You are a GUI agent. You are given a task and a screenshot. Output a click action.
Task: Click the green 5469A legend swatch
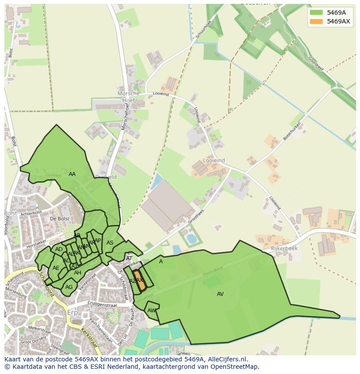(x=316, y=13)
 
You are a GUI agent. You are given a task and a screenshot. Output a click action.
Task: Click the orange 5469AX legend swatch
(x=316, y=21)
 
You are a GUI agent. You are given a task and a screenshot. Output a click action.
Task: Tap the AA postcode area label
(x=72, y=174)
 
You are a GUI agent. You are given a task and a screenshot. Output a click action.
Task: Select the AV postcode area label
(x=220, y=294)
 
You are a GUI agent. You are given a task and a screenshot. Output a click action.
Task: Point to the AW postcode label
(x=151, y=311)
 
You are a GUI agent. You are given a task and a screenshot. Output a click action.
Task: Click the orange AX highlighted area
(x=139, y=280)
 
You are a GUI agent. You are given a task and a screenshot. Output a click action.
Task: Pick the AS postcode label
(x=110, y=243)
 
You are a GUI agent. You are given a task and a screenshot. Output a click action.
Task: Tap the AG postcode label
(x=69, y=287)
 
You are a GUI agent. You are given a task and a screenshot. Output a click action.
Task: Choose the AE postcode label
(x=56, y=268)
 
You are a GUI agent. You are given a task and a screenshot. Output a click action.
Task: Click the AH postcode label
(x=77, y=273)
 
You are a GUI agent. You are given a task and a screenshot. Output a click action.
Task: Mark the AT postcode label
(x=129, y=258)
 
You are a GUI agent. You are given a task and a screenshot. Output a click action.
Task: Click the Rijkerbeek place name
(x=284, y=248)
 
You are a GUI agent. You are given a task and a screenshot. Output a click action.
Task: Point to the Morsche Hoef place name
(x=129, y=96)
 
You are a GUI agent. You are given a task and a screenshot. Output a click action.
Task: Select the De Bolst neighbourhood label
(x=60, y=218)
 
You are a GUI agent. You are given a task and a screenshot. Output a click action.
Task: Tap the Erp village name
(x=73, y=313)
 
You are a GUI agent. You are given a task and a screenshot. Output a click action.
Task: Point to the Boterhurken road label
(x=292, y=131)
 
